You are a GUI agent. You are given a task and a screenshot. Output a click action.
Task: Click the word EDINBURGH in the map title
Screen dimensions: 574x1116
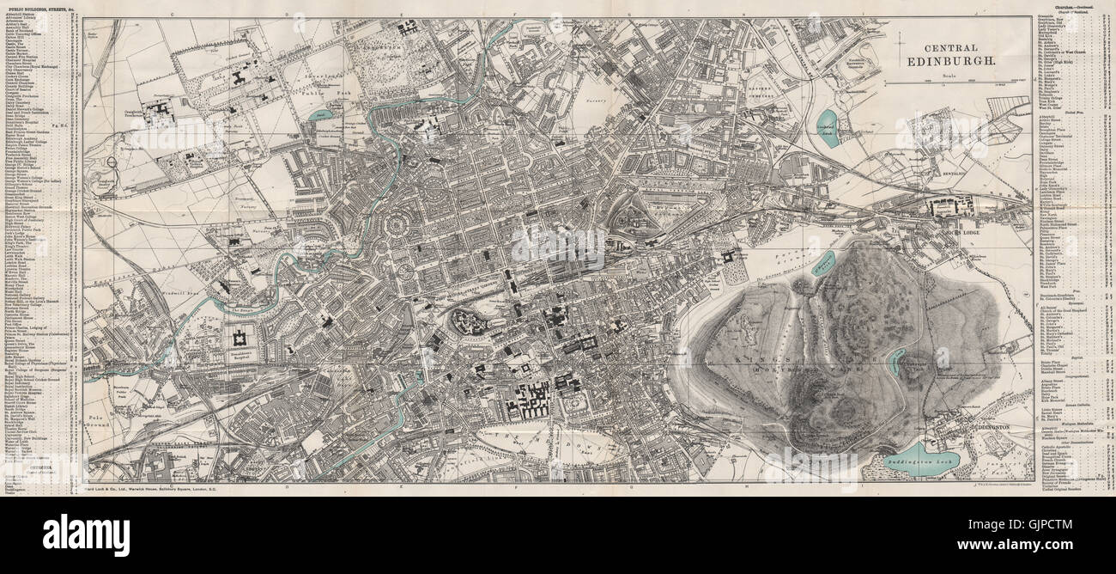(951, 63)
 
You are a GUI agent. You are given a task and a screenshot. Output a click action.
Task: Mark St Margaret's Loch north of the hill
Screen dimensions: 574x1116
(822, 262)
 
